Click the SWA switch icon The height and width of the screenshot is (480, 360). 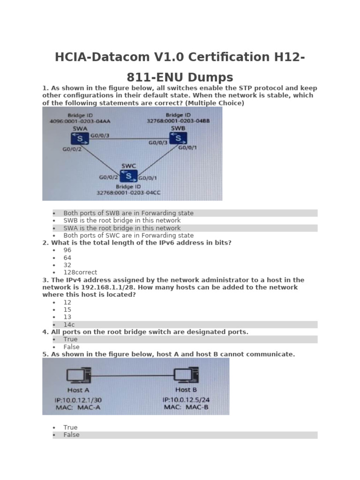coord(80,138)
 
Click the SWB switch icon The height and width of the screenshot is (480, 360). coord(178,138)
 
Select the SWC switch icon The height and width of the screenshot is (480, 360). coord(128,176)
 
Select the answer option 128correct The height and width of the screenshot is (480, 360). coord(80,272)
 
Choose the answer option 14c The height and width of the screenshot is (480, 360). coord(69,324)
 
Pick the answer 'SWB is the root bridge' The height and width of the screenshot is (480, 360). coord(122,220)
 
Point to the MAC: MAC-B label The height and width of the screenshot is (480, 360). coord(186,407)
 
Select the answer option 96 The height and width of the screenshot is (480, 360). coord(67,250)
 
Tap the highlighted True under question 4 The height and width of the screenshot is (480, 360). coord(70,339)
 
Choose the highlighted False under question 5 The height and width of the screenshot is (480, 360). coord(71,435)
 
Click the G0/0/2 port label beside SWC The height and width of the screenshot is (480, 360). coord(108,178)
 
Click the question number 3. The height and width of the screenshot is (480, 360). coord(45,280)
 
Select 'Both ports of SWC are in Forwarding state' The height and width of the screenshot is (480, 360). coord(128,235)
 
